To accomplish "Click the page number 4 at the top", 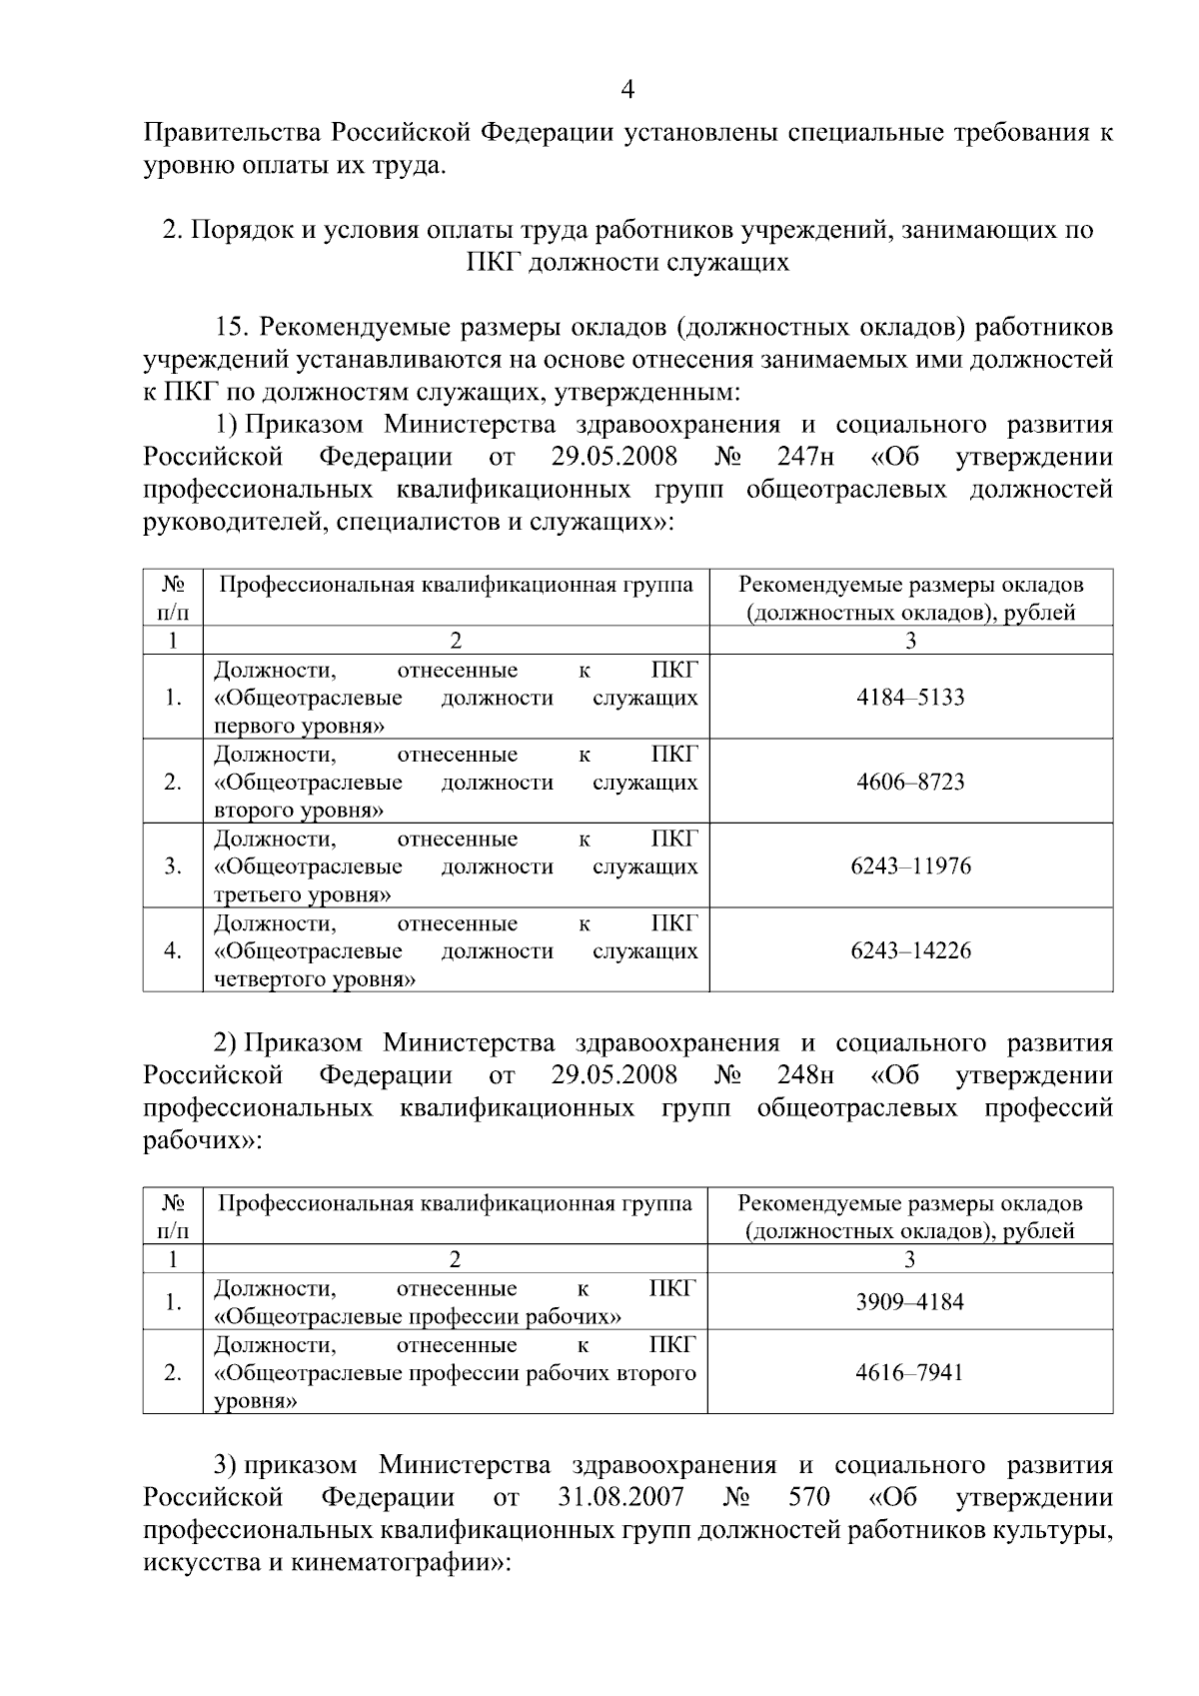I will click(627, 91).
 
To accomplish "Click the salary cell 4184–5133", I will click(910, 698).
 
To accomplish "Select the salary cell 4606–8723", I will click(910, 782).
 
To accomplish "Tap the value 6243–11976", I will click(910, 866).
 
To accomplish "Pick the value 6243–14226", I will click(910, 950).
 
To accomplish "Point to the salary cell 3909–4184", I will click(909, 1302).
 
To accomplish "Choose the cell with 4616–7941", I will click(909, 1372).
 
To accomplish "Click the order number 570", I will click(803, 1497).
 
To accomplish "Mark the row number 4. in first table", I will click(173, 950).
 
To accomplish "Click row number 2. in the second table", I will click(173, 1372).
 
